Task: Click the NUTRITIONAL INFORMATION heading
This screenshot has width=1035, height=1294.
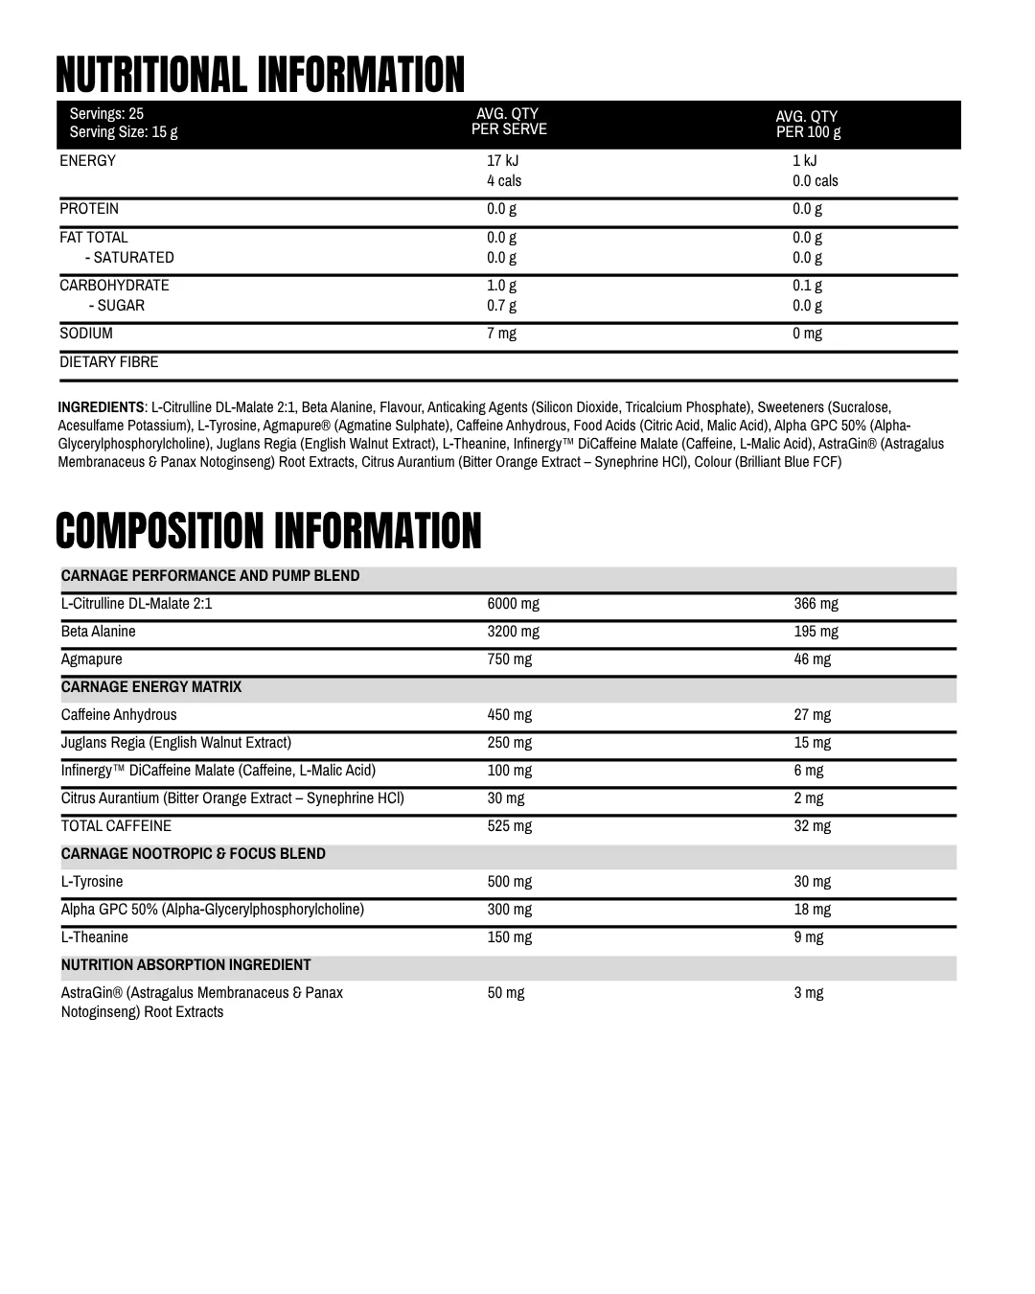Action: pos(260,76)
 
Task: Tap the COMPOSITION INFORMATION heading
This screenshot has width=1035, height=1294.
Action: pos(268,532)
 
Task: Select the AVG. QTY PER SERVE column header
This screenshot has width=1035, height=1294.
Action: pos(509,122)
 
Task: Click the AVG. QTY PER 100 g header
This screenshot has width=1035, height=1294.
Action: pos(808,125)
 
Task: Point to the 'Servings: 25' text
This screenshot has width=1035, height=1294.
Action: pos(106,114)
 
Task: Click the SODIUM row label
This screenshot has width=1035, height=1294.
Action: pos(86,334)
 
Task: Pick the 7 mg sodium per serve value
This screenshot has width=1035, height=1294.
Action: pos(501,334)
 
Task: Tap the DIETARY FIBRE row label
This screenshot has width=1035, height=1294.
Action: pos(109,362)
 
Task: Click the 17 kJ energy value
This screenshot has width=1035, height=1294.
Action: pos(502,161)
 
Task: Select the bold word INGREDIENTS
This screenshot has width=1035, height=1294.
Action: pos(101,407)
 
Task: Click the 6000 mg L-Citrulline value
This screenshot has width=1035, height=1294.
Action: pos(513,604)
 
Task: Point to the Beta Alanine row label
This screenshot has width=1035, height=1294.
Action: pos(99,632)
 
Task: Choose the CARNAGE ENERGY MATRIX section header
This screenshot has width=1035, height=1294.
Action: pos(151,687)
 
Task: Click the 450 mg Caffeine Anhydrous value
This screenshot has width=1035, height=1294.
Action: pos(509,715)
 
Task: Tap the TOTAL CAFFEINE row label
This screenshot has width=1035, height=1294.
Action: pos(116,826)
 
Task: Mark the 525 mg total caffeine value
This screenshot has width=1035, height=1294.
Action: pos(509,826)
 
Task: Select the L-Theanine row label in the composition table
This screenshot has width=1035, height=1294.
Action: pos(95,937)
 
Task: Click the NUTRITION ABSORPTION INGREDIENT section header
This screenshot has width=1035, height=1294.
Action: pos(186,965)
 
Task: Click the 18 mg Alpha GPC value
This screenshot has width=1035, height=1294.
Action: pos(812,910)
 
